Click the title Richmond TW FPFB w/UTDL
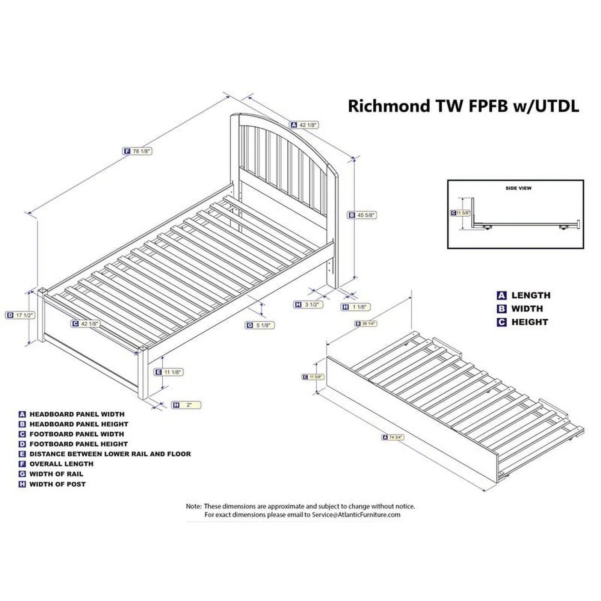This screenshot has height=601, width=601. [463, 106]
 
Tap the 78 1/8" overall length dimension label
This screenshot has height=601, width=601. [137, 151]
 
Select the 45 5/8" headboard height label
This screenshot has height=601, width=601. [362, 215]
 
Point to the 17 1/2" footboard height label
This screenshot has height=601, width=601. [21, 315]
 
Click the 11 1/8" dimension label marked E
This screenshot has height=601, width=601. [169, 372]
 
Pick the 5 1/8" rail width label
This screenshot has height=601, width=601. [260, 325]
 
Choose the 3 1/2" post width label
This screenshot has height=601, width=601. [308, 304]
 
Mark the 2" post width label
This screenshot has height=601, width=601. [186, 405]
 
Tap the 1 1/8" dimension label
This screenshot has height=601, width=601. [355, 307]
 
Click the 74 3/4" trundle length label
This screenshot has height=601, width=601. [393, 437]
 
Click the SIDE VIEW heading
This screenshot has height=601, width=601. [518, 188]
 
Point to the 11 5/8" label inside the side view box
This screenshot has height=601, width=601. [461, 213]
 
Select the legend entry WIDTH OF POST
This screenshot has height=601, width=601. [57, 484]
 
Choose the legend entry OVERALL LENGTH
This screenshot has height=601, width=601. [61, 464]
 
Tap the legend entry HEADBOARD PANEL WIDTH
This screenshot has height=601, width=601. [77, 414]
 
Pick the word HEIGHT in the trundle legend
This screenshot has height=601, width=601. [529, 322]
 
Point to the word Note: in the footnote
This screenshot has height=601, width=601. [194, 506]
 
